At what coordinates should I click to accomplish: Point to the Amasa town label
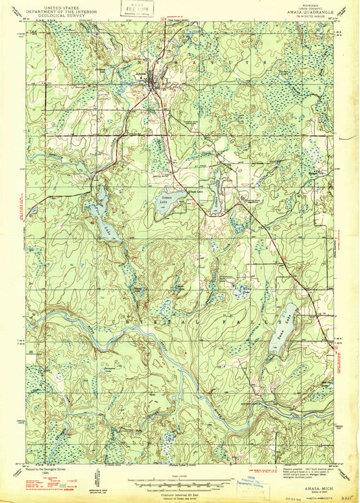tap(140, 72)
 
